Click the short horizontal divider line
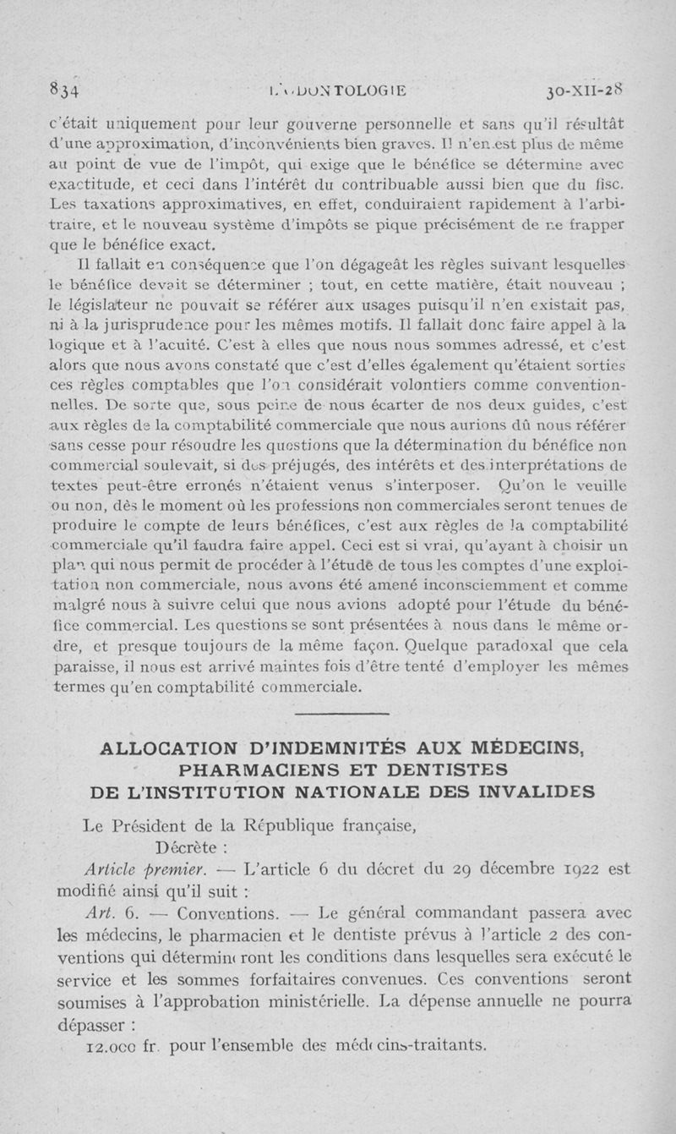tap(337, 715)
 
